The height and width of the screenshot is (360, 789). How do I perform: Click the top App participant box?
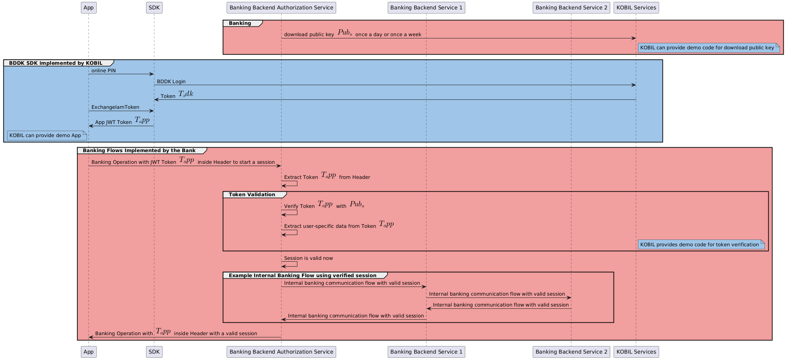click(x=88, y=8)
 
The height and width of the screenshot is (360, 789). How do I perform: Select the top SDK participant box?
click(x=154, y=8)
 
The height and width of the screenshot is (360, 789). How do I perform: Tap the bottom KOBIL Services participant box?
click(x=636, y=352)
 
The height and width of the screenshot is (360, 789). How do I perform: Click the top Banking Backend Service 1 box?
click(x=426, y=8)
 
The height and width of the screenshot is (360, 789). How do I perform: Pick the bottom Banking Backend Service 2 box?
click(x=571, y=352)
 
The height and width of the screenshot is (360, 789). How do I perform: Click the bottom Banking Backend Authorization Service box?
click(x=281, y=352)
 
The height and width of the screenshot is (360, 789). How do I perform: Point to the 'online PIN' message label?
click(x=104, y=71)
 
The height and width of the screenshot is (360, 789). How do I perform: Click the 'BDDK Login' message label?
click(x=171, y=82)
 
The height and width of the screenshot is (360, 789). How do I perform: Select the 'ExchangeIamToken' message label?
click(x=115, y=107)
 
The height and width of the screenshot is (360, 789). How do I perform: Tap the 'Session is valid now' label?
click(x=308, y=258)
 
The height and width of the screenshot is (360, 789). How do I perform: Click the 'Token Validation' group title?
click(x=252, y=195)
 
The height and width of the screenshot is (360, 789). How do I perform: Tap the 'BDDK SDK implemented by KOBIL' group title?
click(x=56, y=63)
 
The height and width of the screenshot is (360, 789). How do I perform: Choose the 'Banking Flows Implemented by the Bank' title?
click(x=139, y=151)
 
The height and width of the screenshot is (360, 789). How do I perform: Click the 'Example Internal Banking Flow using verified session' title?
click(x=302, y=276)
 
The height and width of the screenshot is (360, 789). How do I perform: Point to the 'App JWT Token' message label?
click(x=113, y=122)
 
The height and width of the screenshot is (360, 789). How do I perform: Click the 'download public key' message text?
click(x=309, y=35)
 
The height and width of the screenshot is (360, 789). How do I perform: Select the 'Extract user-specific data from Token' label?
click(x=330, y=226)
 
